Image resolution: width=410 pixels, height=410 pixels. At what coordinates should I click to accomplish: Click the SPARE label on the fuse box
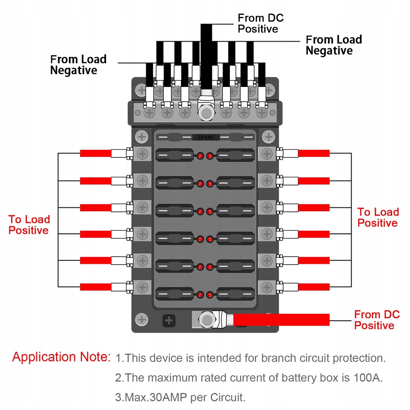[x=206, y=137]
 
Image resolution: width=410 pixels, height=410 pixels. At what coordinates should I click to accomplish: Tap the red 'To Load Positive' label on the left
[x=29, y=225]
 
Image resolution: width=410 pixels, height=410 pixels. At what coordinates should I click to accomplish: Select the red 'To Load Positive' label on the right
[x=378, y=217]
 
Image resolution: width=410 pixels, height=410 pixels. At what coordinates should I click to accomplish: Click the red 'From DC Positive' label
[x=377, y=320]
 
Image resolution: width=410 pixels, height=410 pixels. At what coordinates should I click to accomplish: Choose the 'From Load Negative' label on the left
[x=78, y=65]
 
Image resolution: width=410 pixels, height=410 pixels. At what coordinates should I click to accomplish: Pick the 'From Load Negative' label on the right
[x=334, y=45]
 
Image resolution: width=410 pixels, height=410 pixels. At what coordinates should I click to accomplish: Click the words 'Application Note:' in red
[x=61, y=357]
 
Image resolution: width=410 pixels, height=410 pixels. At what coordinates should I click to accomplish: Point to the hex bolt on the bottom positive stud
[x=206, y=320]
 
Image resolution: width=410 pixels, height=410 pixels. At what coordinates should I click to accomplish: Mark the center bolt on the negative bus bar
[x=206, y=113]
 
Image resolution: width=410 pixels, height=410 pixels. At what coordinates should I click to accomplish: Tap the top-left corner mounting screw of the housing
[x=141, y=90]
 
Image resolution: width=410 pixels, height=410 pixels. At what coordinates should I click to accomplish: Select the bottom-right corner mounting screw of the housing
[x=267, y=320]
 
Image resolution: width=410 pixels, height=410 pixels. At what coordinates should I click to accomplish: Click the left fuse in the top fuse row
[x=174, y=155]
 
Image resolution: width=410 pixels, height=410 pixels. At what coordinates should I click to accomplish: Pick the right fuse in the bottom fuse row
[x=235, y=294]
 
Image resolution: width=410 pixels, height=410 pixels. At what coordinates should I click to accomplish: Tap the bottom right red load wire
[x=314, y=287]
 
